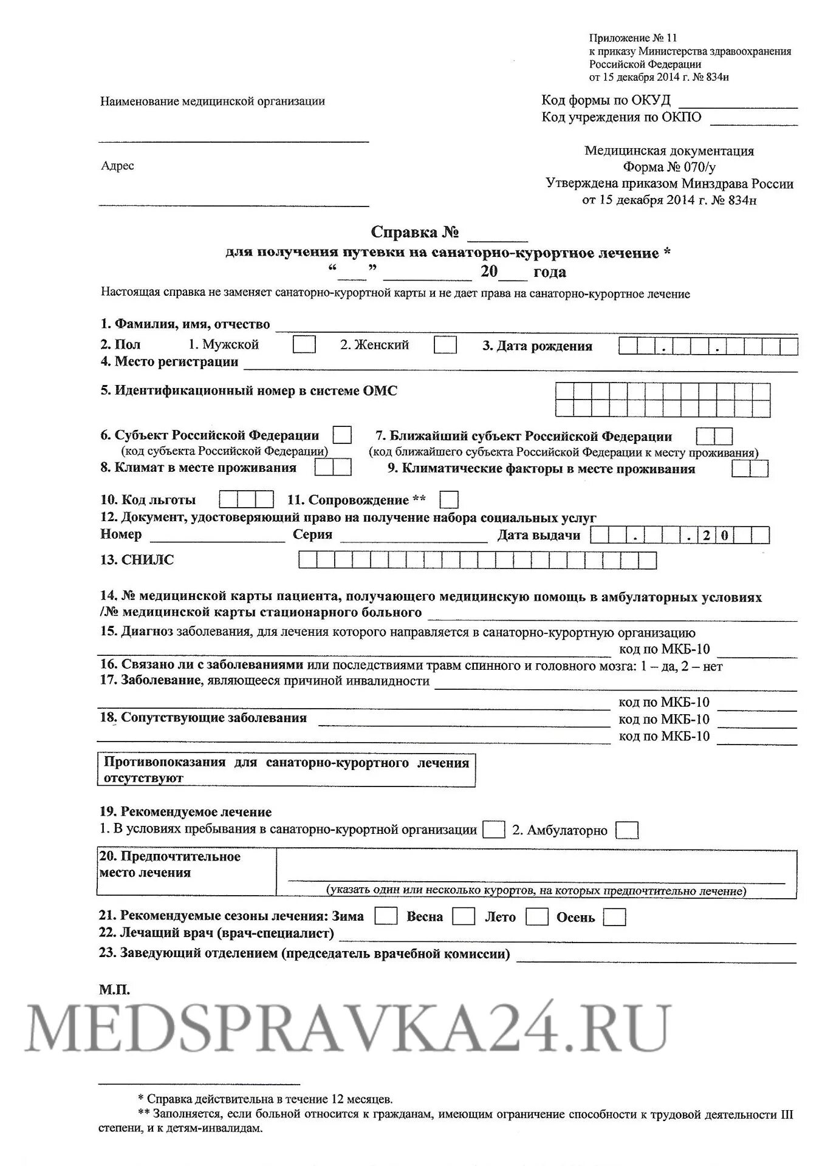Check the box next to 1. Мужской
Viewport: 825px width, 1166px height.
click(x=304, y=344)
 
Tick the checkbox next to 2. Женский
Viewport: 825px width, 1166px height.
click(x=445, y=345)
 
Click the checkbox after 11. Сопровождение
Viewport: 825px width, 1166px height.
click(x=449, y=500)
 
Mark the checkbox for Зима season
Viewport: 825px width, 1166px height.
click(x=386, y=916)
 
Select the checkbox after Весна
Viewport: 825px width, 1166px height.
click(x=464, y=916)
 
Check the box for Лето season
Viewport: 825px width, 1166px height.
click(x=537, y=916)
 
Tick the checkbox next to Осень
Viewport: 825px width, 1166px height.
click(x=614, y=916)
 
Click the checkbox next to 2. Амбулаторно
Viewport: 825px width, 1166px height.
click(x=627, y=830)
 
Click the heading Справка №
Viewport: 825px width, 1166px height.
click(x=414, y=233)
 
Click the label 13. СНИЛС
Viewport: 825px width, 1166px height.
click(x=137, y=560)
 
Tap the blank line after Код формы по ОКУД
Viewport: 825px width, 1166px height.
click(x=738, y=103)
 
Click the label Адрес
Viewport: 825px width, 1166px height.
click(x=117, y=166)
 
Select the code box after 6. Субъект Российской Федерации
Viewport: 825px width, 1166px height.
click(x=342, y=435)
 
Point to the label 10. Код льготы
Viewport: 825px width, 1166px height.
click(x=148, y=500)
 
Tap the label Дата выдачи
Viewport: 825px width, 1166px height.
click(x=538, y=535)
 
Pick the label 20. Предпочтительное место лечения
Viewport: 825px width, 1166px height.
click(x=170, y=864)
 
